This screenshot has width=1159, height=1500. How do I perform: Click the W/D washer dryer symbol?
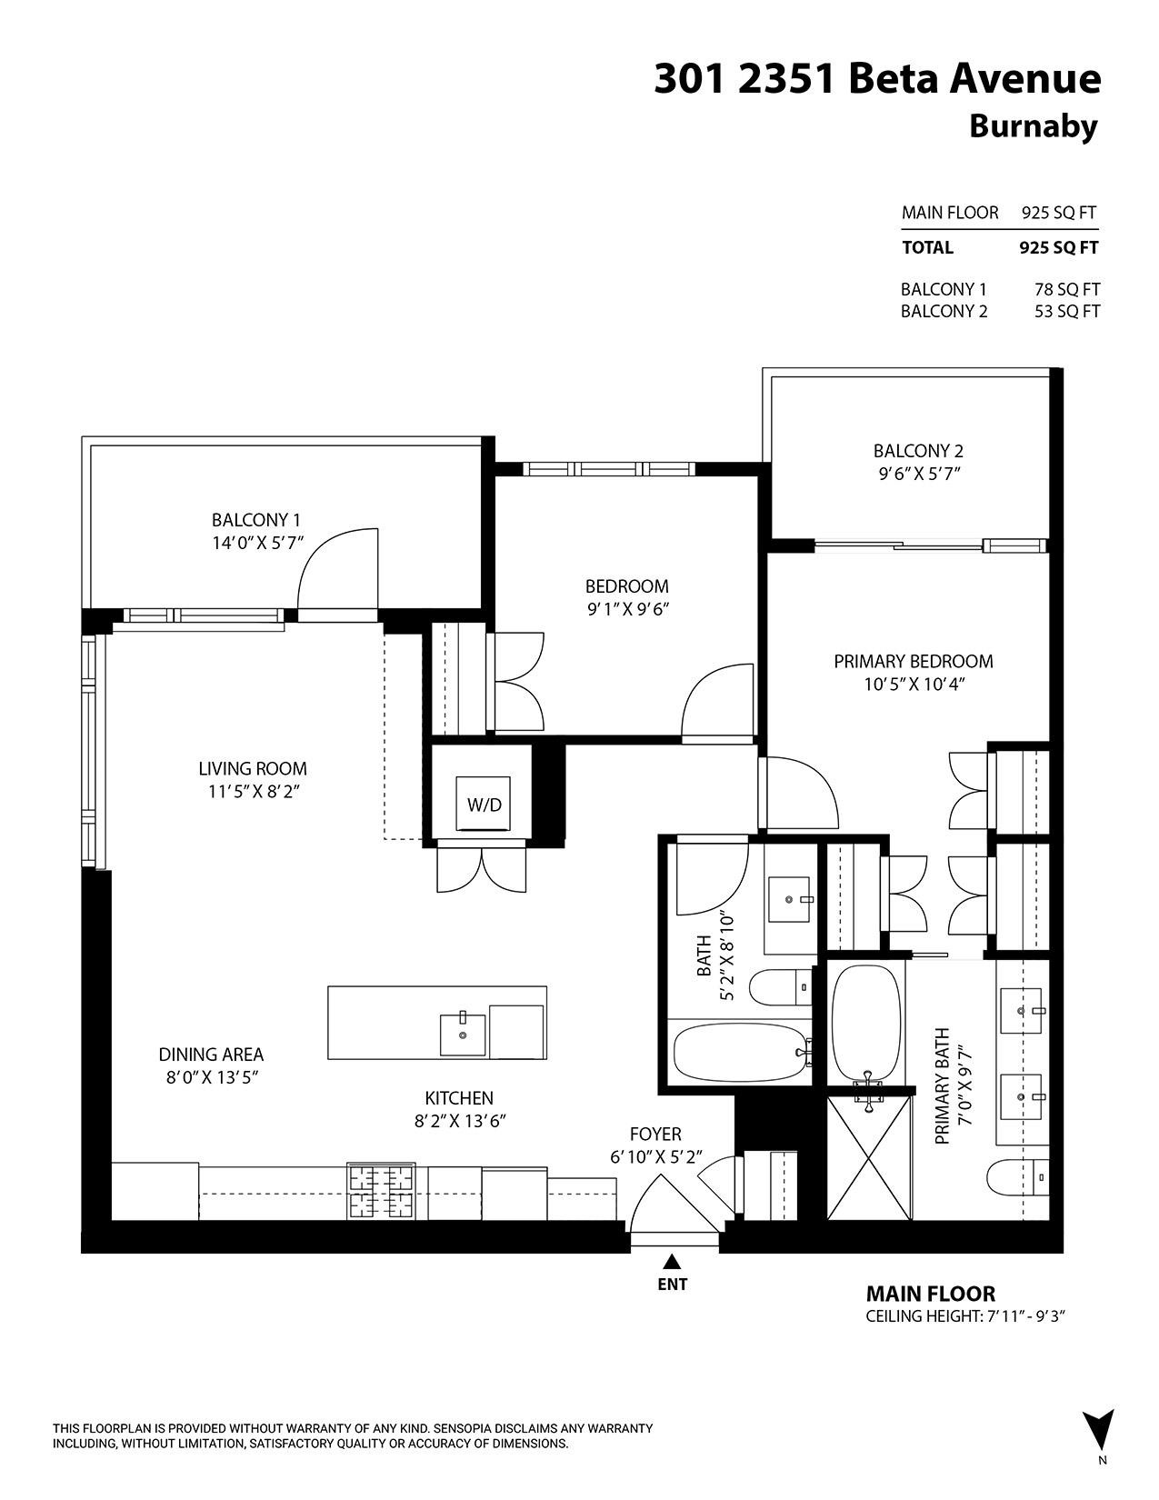pos(485,805)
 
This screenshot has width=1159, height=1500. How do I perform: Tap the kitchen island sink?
pos(462,1035)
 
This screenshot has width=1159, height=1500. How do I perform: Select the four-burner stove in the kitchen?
pos(382,1192)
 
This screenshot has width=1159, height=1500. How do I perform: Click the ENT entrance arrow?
pos(672,1262)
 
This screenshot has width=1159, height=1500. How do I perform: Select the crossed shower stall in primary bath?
pos(869,1157)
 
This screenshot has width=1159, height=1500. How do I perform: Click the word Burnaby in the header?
pos(1034,126)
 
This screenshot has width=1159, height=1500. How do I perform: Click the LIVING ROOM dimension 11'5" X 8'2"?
pos(254,792)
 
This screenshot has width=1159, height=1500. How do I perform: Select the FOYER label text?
pos(655,1135)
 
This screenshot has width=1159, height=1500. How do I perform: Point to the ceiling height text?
pos(964,1316)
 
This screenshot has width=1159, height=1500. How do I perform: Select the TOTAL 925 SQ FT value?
pos(1058,247)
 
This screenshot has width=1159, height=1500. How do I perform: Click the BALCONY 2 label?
pos(918,451)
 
